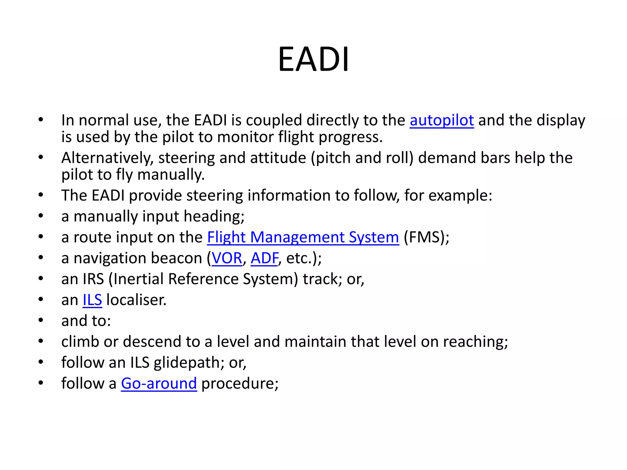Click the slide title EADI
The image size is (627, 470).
tap(313, 59)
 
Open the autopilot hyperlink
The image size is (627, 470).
tap(441, 120)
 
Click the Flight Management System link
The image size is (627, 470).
tap(303, 237)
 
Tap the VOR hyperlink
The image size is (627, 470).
tap(227, 258)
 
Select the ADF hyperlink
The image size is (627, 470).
tap(265, 258)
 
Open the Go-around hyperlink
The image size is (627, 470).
tap(159, 383)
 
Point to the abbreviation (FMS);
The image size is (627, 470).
tap(426, 237)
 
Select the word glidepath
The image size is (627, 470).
tap(187, 363)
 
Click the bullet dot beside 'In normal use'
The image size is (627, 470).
tap(41, 120)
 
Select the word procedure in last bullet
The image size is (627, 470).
tap(240, 383)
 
